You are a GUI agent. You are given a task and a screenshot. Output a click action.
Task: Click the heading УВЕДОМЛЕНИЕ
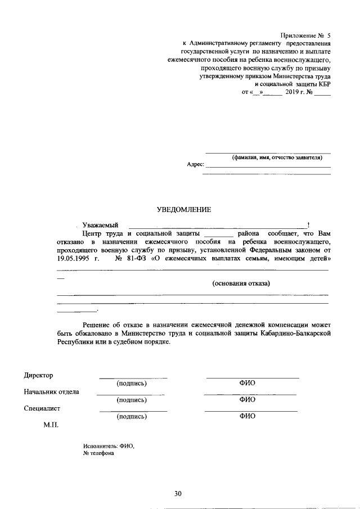(183, 210)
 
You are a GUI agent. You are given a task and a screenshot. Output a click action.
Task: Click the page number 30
(178, 494)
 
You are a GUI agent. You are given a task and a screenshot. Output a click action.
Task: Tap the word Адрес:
(195, 165)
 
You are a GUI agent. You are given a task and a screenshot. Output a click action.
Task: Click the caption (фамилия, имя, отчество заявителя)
(268, 157)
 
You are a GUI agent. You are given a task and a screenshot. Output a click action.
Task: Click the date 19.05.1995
(74, 258)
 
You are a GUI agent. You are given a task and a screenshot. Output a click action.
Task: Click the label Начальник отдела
(51, 391)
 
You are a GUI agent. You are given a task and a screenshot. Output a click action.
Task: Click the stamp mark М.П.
(52, 425)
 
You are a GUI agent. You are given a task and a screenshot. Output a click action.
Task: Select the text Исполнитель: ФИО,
(109, 445)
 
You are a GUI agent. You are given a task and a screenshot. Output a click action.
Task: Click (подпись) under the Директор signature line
(132, 384)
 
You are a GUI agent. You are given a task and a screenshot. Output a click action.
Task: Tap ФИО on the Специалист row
(247, 416)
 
